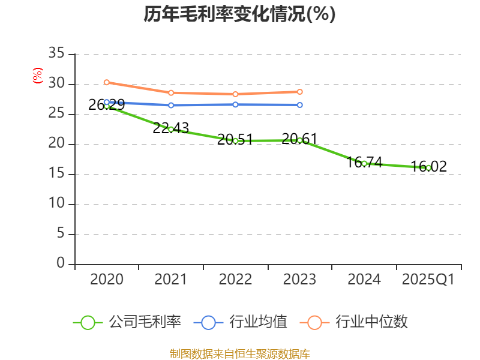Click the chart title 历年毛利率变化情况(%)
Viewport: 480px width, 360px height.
(239, 14)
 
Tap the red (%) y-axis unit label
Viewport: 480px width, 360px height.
(38, 76)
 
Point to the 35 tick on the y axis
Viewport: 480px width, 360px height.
(56, 54)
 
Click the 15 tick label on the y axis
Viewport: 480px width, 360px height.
(56, 174)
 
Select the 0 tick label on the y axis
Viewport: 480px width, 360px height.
(60, 263)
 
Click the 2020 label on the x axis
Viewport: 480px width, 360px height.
(107, 280)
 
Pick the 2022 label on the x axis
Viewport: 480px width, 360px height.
(235, 280)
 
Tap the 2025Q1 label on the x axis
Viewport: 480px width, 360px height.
(428, 280)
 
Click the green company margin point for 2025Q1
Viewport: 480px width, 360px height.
(428, 168)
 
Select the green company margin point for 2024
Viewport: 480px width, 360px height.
(364, 163)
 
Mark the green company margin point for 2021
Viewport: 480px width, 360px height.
(171, 129)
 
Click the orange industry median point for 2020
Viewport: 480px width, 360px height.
(107, 82)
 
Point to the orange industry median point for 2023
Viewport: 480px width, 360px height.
(300, 92)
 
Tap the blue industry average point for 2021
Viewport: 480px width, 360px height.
(171, 105)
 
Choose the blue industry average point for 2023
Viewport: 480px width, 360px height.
(300, 105)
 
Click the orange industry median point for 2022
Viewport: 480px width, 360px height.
(235, 94)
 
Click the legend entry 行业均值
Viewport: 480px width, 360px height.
(241, 322)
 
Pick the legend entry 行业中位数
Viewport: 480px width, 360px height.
(358, 322)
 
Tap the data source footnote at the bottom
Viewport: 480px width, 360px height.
(239, 353)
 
